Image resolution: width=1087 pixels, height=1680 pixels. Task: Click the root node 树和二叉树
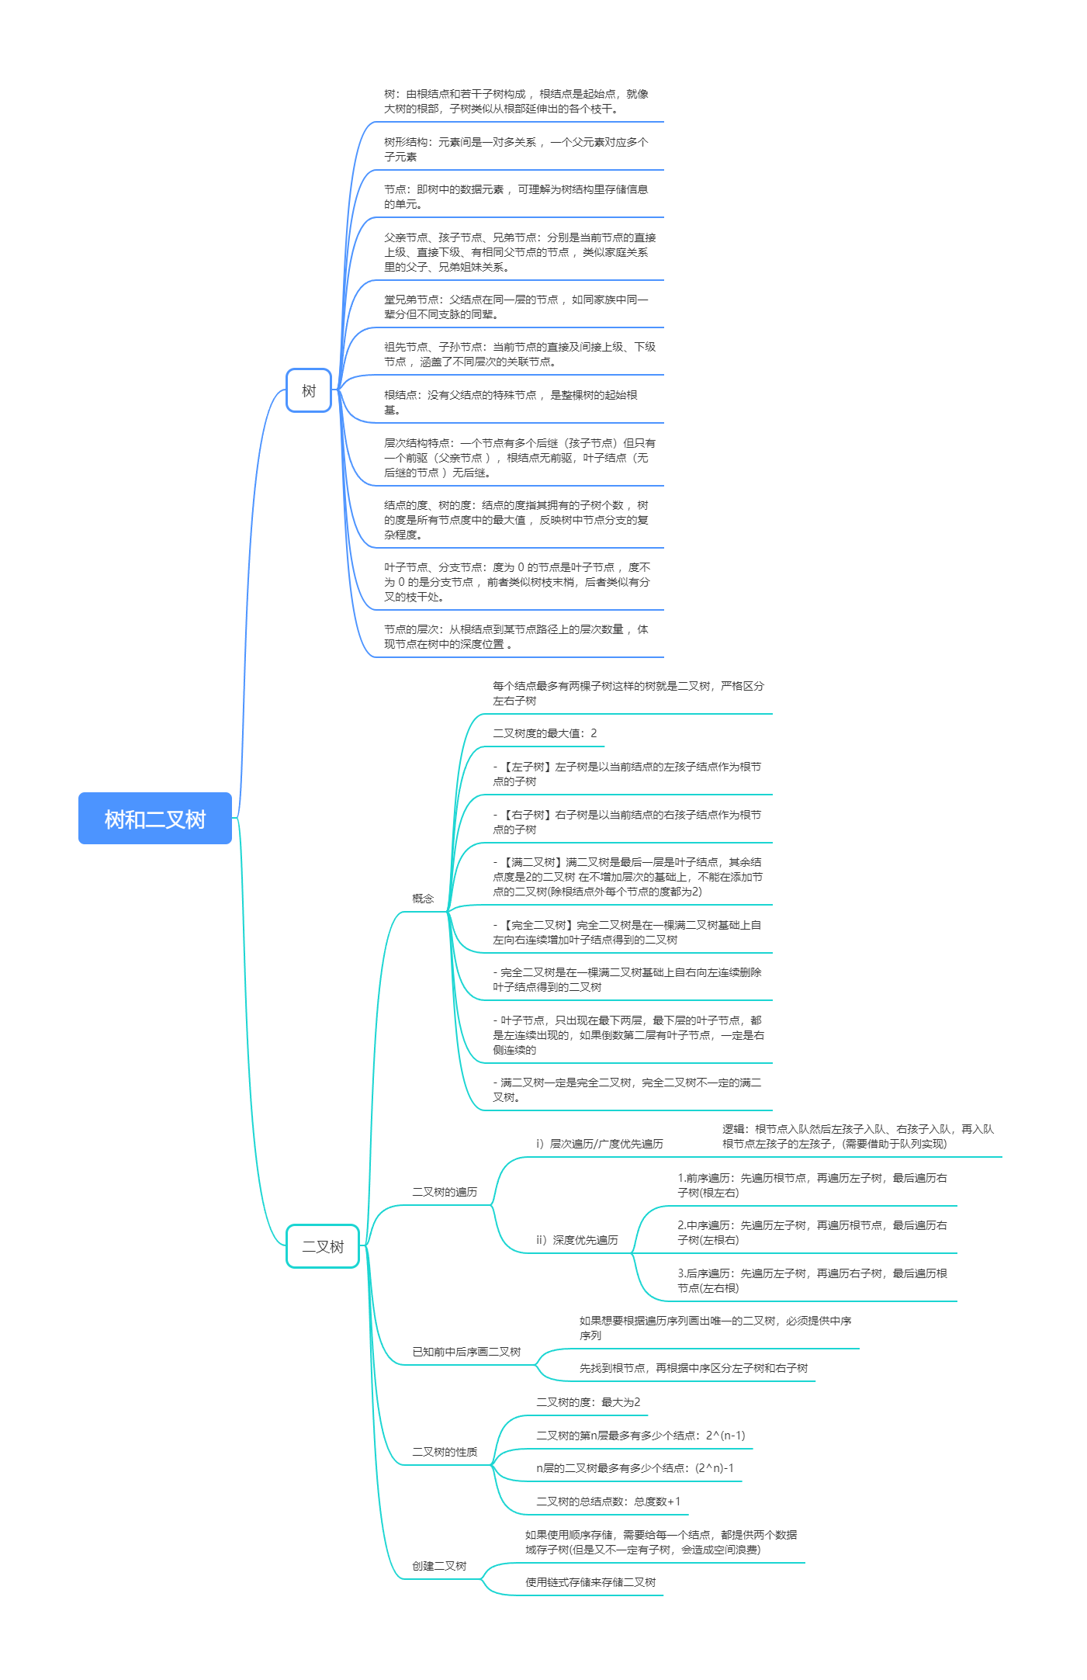click(155, 819)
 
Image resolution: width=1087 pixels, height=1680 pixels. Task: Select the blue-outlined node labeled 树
click(309, 390)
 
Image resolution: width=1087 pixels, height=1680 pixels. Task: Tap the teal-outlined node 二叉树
click(323, 1246)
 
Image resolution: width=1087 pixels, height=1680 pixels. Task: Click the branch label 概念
click(423, 899)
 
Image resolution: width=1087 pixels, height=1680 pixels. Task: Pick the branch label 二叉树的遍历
click(445, 1192)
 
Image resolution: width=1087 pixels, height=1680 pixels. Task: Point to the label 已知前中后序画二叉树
click(466, 1352)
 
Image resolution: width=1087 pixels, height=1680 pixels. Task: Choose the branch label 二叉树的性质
click(445, 1452)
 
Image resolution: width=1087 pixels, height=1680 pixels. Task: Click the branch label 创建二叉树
click(439, 1566)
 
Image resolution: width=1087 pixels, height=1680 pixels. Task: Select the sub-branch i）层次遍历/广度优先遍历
click(599, 1144)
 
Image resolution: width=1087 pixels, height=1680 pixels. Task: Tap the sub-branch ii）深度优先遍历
click(576, 1240)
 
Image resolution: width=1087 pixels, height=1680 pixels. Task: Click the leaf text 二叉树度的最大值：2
click(545, 733)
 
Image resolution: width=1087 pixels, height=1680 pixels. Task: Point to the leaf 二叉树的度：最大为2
click(588, 1402)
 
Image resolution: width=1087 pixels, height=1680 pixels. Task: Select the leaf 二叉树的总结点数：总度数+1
click(608, 1502)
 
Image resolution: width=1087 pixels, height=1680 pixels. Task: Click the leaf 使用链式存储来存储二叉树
click(590, 1582)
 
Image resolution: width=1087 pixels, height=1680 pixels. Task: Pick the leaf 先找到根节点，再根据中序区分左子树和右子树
click(694, 1368)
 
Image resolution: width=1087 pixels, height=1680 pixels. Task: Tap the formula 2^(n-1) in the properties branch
click(725, 1436)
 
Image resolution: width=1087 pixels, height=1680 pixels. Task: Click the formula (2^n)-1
click(715, 1468)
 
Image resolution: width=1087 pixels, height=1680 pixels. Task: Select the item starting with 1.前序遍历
click(812, 1185)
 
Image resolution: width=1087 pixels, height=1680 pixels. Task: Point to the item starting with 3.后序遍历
click(812, 1280)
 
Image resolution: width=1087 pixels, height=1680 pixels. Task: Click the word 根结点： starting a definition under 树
click(403, 395)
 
